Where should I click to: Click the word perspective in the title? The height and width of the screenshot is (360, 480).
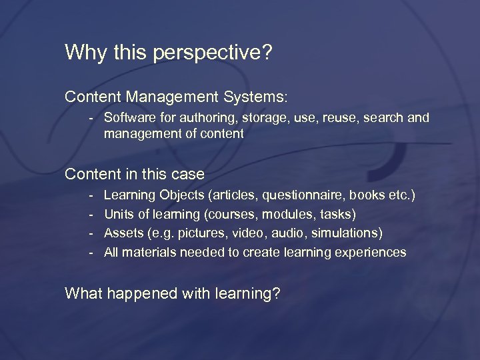[x=212, y=53]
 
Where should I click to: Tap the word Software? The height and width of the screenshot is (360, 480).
[x=127, y=118]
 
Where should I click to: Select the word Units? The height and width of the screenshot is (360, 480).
[x=118, y=214]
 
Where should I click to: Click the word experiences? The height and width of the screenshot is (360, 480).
[x=370, y=253]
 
